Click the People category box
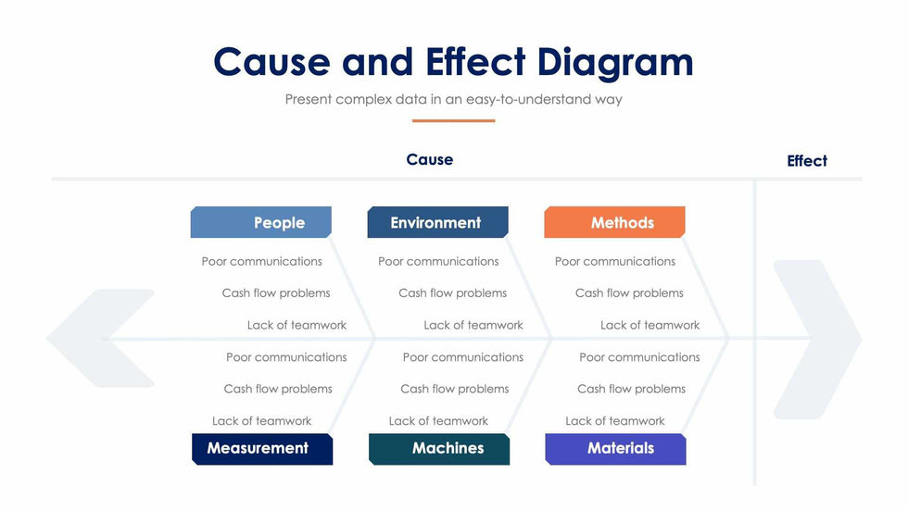click(261, 222)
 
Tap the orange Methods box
click(614, 222)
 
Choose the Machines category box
click(439, 449)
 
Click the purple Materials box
click(615, 449)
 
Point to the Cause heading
click(430, 160)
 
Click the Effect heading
click(806, 161)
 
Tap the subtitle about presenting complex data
click(453, 99)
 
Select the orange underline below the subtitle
click(453, 120)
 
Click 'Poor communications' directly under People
click(262, 261)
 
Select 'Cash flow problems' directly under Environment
click(452, 292)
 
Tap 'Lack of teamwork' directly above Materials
click(615, 420)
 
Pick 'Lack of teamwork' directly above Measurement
click(261, 420)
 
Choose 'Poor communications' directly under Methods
click(615, 261)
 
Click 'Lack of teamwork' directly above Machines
click(438, 420)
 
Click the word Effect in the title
click(475, 62)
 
